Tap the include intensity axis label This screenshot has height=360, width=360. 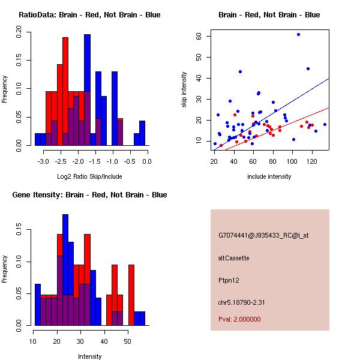270,176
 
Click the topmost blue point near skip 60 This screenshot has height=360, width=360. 298,34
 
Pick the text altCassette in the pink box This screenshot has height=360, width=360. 233,258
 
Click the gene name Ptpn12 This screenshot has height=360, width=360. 229,280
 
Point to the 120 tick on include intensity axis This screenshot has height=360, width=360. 312,161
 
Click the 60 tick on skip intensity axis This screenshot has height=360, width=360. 199,36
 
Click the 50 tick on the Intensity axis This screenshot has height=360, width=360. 127,341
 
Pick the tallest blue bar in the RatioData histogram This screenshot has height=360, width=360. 87,90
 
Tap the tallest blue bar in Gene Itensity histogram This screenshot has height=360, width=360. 65,270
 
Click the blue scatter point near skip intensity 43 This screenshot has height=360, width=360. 240,71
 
